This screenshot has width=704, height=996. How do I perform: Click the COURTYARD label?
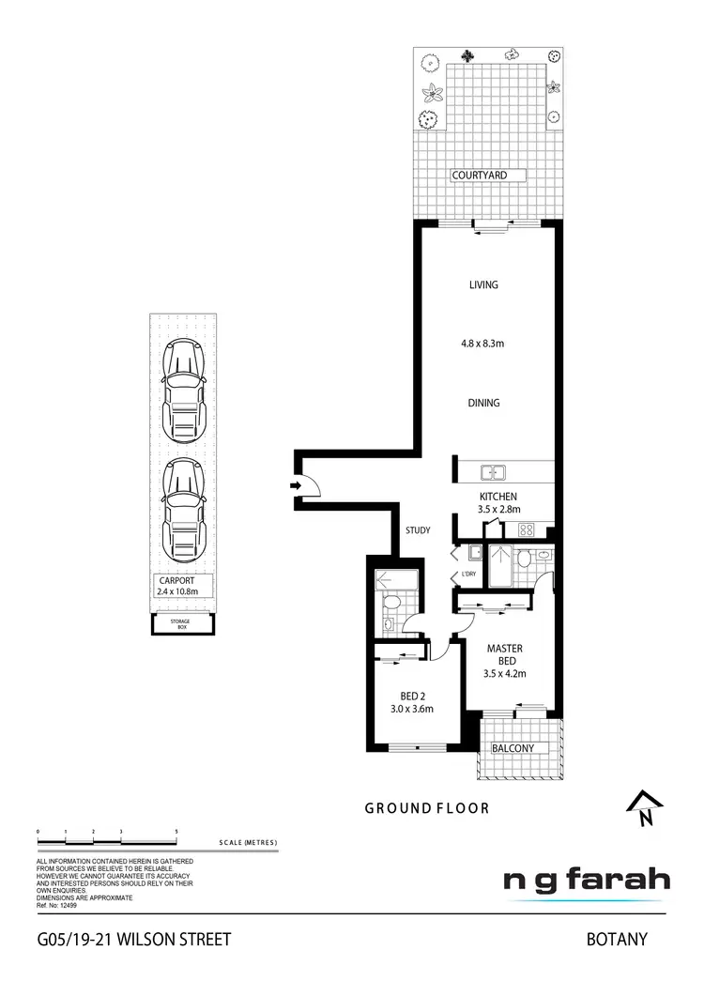click(479, 176)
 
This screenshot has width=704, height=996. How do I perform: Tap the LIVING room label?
click(483, 285)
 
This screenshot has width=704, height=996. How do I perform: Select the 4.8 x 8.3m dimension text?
click(483, 344)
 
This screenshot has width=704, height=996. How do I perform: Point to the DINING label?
click(483, 404)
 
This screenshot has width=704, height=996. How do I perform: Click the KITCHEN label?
click(497, 497)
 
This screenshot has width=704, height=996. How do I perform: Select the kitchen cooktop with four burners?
click(525, 529)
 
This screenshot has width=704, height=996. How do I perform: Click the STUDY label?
click(418, 531)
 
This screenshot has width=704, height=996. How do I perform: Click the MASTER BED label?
click(504, 654)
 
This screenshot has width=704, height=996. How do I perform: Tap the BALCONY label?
click(513, 748)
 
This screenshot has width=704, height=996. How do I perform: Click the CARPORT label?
click(177, 582)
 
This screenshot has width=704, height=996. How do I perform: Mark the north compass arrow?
click(644, 806)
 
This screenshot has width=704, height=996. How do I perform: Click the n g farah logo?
click(587, 881)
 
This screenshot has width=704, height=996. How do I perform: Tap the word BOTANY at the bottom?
click(617, 939)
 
